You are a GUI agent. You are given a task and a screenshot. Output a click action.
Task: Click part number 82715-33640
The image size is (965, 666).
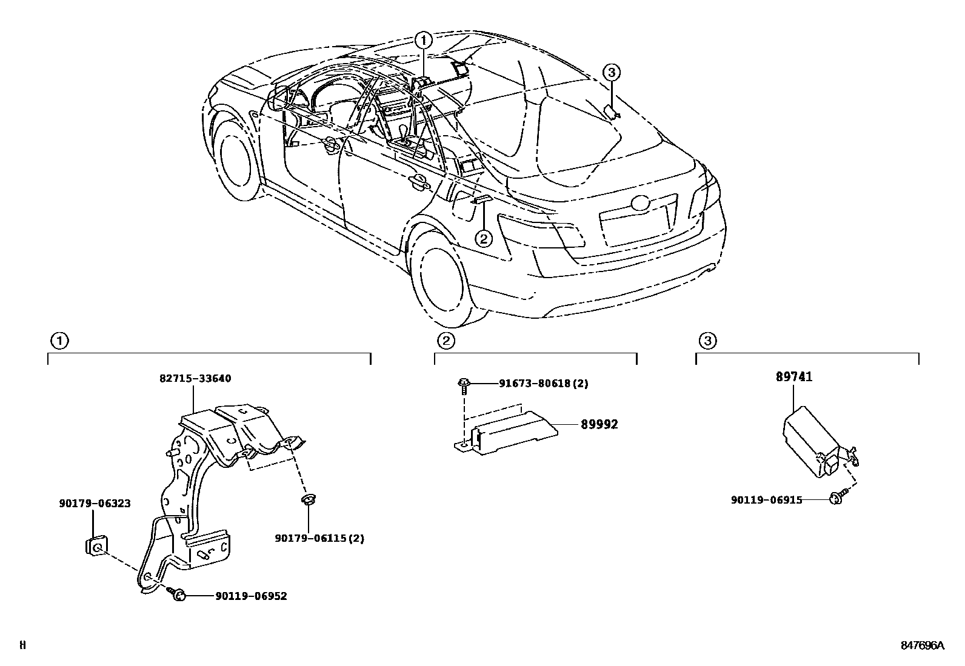195,379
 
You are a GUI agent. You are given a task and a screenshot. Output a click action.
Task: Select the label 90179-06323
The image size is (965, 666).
95,504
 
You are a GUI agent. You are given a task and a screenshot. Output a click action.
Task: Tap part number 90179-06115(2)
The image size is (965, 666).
319,538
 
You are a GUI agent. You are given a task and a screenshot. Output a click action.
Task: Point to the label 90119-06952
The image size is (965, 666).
251,596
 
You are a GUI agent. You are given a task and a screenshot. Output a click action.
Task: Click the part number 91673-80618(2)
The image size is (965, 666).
543,384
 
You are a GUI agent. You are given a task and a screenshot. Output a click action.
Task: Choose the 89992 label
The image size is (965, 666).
599,425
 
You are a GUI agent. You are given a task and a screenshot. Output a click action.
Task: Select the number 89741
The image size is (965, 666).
794,377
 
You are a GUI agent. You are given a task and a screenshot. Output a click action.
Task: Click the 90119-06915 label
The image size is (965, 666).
766,500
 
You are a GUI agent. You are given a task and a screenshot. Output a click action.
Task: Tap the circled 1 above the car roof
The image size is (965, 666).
424,41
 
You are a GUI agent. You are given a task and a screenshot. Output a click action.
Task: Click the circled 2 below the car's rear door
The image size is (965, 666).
483,239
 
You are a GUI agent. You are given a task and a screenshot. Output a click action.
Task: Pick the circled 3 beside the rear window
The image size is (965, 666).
612,73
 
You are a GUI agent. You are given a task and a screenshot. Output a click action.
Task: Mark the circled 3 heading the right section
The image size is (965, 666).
707,341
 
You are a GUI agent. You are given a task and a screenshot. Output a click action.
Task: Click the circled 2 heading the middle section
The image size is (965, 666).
446,341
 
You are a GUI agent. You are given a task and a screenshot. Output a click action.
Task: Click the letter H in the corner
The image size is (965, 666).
22,645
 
